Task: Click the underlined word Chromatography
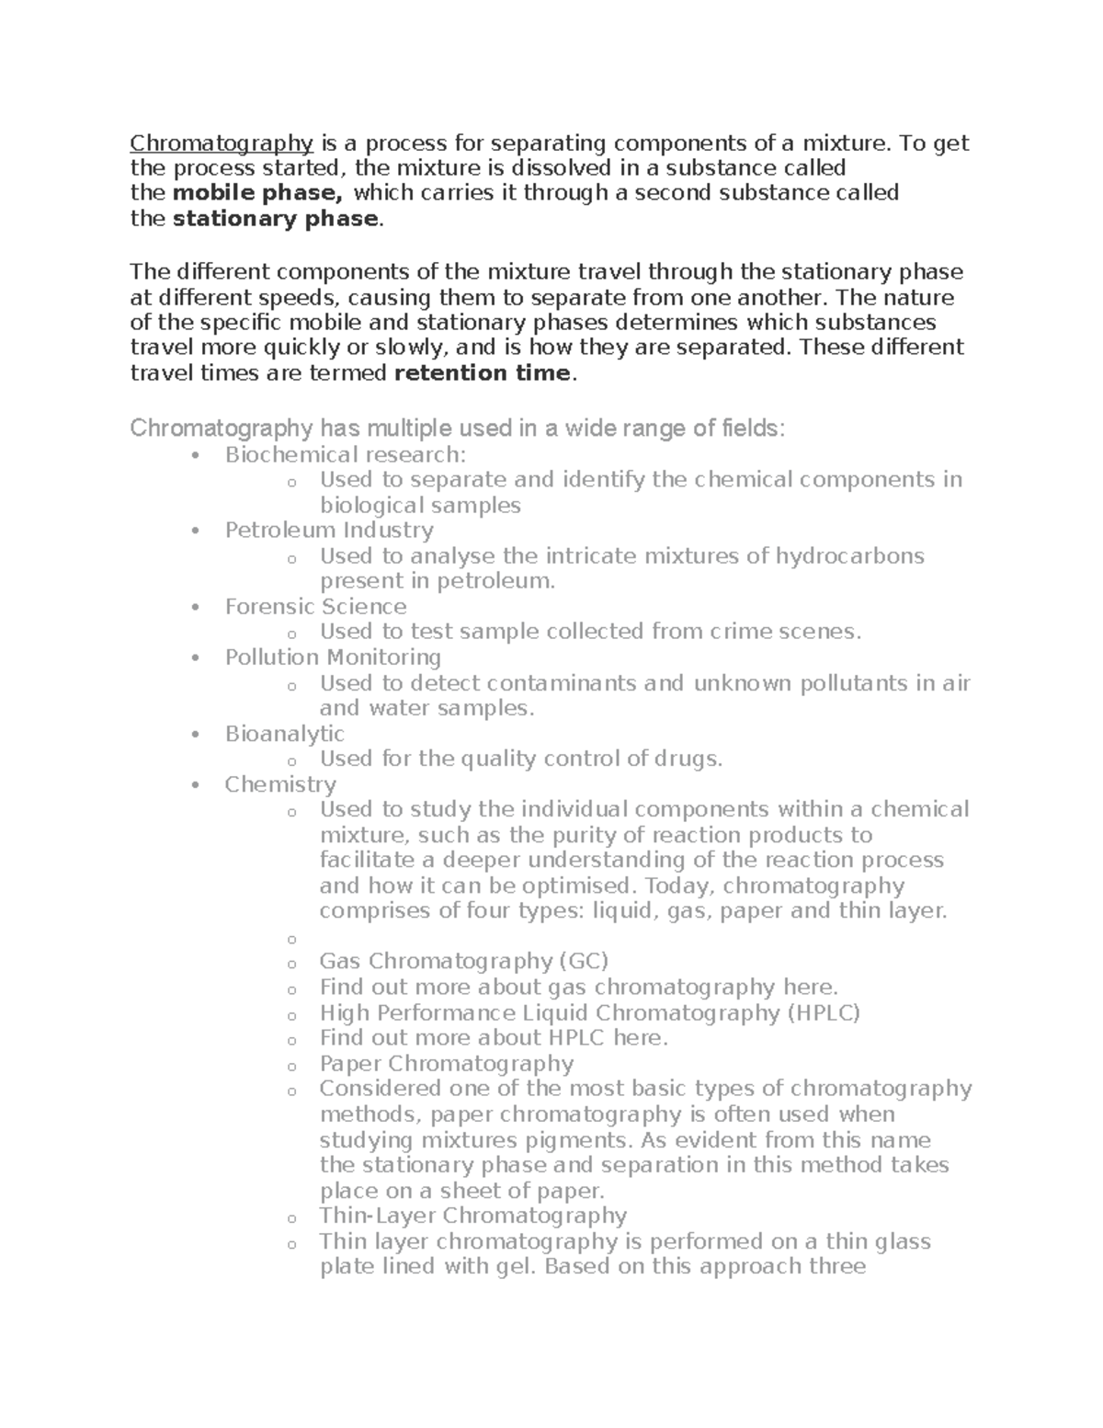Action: coord(222,143)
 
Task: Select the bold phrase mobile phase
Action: coord(257,193)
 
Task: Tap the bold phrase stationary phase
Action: coord(276,219)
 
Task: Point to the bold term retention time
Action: coord(483,372)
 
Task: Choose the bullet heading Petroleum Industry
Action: coord(329,531)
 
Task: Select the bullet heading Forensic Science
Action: coord(315,607)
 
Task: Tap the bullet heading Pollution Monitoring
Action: coord(333,657)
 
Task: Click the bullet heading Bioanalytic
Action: coord(285,734)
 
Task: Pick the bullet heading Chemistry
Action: coord(280,784)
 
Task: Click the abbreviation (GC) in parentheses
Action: coord(583,962)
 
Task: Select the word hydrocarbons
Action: coord(850,556)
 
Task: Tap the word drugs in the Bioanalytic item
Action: coord(698,760)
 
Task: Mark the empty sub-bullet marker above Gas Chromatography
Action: coord(291,940)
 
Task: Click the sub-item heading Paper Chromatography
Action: coord(446,1064)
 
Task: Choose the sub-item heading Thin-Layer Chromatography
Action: coord(472,1216)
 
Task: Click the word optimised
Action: coord(579,886)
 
